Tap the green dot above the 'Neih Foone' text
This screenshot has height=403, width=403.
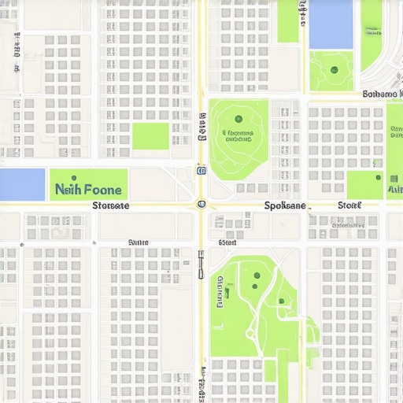coord(74,178)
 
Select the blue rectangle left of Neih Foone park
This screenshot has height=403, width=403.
coord(22,184)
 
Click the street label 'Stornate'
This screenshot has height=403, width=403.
coord(111,205)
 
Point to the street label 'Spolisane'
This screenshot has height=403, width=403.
coord(285,205)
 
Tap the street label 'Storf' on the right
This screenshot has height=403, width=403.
coord(349,205)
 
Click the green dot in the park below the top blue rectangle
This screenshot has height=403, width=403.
coord(335,70)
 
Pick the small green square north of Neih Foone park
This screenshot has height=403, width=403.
coord(150,136)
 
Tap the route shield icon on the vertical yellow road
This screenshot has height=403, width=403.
coord(201,170)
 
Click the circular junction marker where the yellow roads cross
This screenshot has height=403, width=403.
coord(201,205)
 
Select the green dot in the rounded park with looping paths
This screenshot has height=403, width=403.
coord(238,120)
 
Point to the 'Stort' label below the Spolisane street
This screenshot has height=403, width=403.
coord(227,243)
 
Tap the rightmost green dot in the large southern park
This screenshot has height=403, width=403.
coord(281,301)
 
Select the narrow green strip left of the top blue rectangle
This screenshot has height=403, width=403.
coord(288,21)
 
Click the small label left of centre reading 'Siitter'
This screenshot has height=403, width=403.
coord(138,242)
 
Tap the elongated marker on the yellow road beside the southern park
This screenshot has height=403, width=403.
coord(201,264)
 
